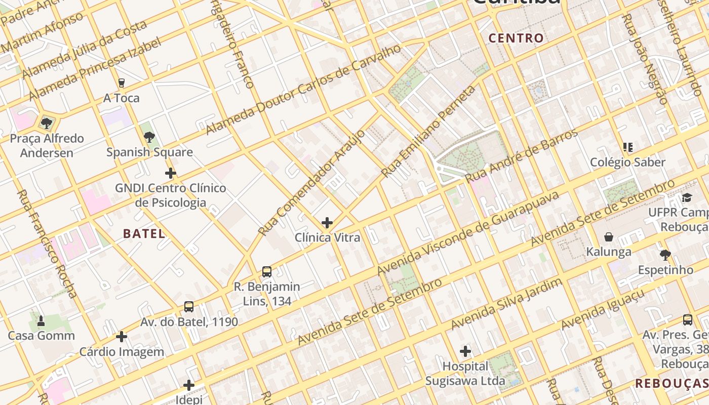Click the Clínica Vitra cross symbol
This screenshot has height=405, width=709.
pos(327,223)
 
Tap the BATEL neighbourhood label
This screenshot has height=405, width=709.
pos(144,233)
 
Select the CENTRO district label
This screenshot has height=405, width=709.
pos(516,38)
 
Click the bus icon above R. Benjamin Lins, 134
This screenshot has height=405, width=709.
pos(267,272)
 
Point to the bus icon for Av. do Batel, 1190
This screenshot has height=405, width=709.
pos(189,307)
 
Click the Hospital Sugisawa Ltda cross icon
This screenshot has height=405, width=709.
pos(465,351)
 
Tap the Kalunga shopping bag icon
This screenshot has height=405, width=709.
pos(609,237)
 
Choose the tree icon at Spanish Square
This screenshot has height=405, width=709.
pos(149,137)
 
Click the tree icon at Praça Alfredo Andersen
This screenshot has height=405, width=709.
pos(47,123)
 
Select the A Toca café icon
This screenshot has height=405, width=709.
pos(121,83)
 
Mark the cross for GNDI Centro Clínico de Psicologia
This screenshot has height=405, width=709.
pos(171,174)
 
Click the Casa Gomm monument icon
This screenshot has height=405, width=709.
pos(41,321)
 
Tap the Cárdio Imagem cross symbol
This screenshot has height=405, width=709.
pos(122,337)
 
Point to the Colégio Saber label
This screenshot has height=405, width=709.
pos(627,163)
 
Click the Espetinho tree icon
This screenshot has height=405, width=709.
pos(665,255)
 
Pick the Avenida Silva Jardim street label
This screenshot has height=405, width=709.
pos(506,304)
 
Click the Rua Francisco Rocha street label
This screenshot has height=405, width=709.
pos(47,244)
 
